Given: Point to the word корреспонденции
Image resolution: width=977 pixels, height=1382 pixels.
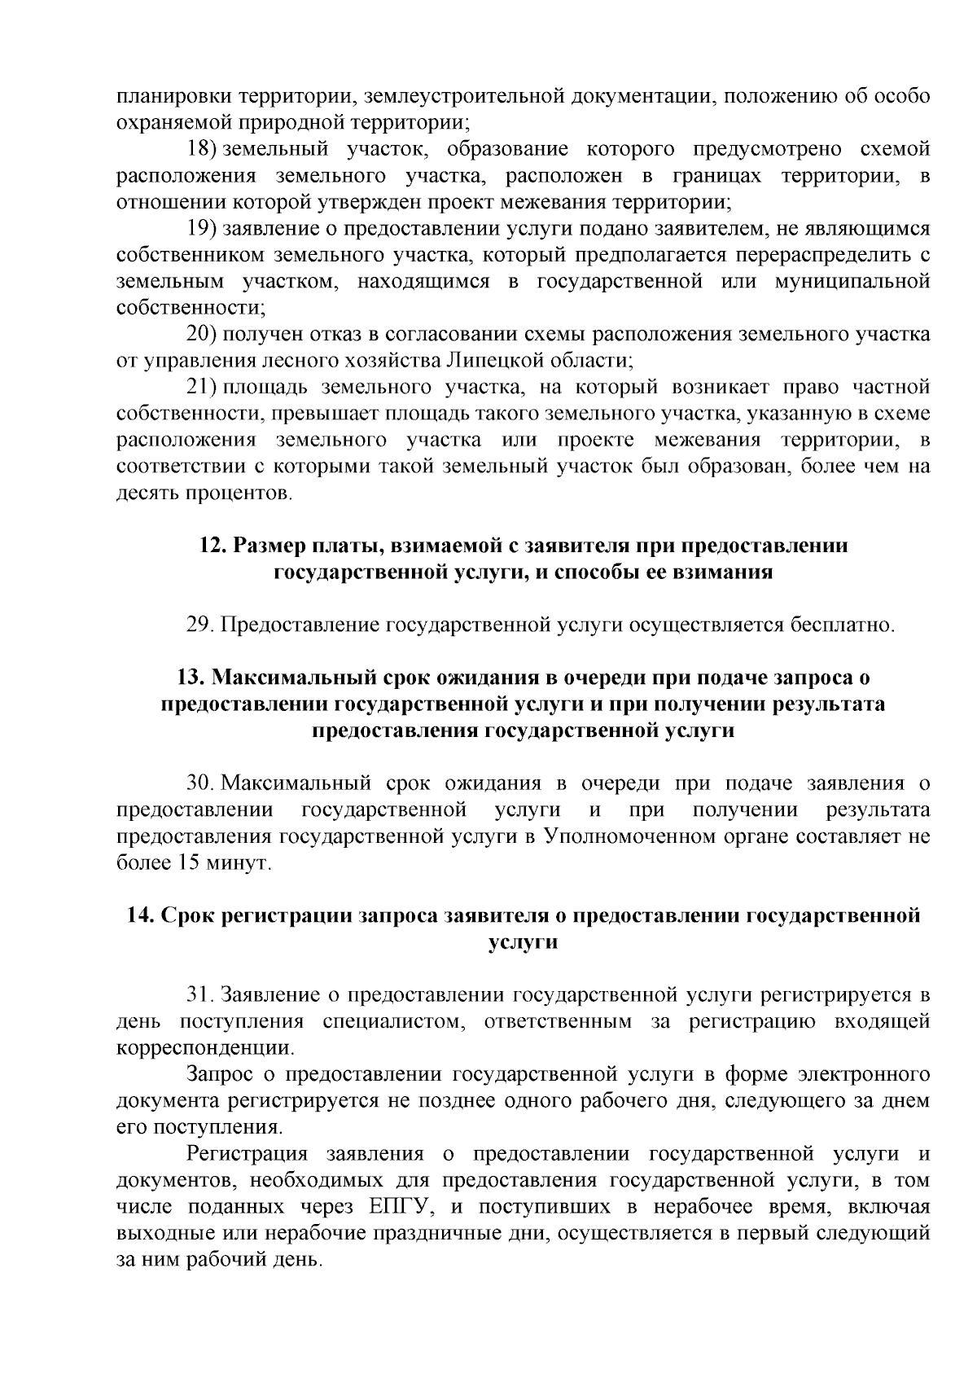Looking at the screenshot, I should coord(206,1048).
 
